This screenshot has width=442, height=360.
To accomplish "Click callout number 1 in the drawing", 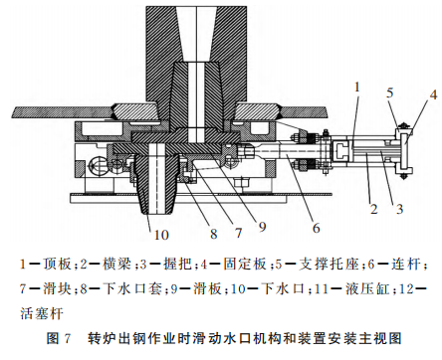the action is coord(357,88).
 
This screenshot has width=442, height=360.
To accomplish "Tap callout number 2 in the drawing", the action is coord(374,209).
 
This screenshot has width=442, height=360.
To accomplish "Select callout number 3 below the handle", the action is coord(400,209).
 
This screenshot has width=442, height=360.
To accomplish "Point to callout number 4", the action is coord(434,94).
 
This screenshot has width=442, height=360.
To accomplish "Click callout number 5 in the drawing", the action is coord(390,93).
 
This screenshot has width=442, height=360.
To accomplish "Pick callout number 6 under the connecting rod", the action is coord(317,228).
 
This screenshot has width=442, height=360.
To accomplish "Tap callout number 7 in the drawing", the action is coord(238,233).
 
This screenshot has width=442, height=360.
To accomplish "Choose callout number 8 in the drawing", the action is coord(214,234).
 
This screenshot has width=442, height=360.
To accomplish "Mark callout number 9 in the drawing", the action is coord(263,227).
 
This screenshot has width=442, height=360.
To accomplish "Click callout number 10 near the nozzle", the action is coord(161,235).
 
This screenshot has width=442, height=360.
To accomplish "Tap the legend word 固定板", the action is coord(245,265).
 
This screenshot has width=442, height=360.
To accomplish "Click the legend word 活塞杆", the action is coord(42,313).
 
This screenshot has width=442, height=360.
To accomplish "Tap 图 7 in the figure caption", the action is coord(59,338).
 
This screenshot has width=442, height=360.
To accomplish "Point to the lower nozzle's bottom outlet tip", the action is coord(156,213).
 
